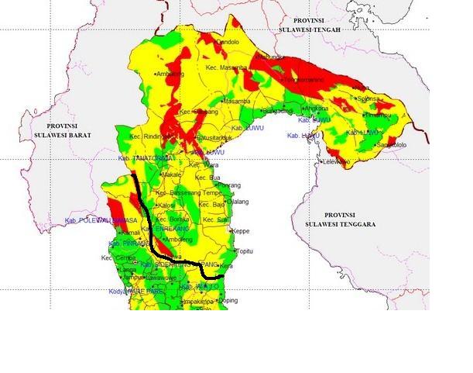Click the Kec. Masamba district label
click(x=227, y=68)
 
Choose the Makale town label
click(x=171, y=175)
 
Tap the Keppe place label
click(x=241, y=231)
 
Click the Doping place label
click(x=228, y=300)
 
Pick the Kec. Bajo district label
click(x=213, y=204)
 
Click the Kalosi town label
click(x=166, y=205)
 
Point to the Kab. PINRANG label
click(x=125, y=243)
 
